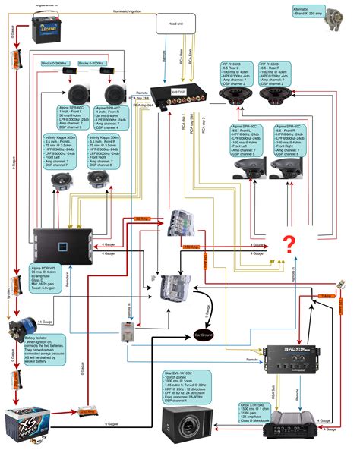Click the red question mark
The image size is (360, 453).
pyautogui.click(x=289, y=244)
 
